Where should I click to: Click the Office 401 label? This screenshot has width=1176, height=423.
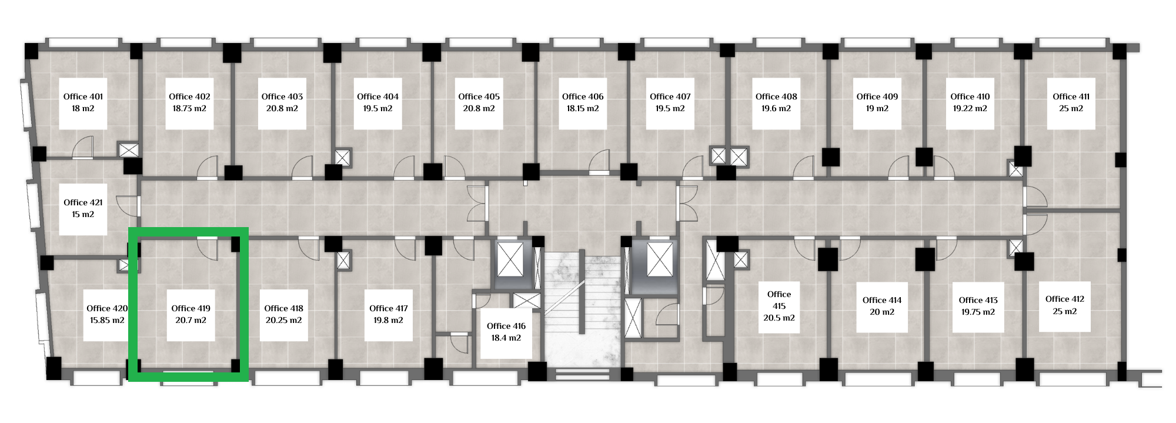[83, 96]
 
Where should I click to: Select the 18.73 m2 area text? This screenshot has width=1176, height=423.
[189, 108]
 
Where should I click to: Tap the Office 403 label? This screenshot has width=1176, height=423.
[282, 96]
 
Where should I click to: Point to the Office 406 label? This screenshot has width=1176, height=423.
[583, 96]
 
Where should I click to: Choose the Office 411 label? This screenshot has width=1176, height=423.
[1071, 96]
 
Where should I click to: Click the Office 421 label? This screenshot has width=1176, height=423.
[83, 202]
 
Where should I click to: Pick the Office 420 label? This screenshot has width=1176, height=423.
[107, 308]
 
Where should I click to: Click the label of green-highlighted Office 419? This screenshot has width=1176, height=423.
[191, 308]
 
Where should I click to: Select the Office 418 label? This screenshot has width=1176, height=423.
[283, 308]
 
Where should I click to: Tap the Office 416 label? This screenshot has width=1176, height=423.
[506, 326]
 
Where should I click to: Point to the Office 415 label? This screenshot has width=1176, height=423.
[779, 300]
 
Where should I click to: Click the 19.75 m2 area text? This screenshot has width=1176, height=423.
[978, 312]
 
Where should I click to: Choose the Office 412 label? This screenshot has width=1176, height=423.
[1065, 299]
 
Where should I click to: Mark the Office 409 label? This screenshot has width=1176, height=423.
[877, 96]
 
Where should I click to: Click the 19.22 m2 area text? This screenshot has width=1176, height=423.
[970, 108]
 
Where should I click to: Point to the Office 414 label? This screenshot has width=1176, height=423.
[882, 300]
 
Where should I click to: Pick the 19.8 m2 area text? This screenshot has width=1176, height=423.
[388, 320]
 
